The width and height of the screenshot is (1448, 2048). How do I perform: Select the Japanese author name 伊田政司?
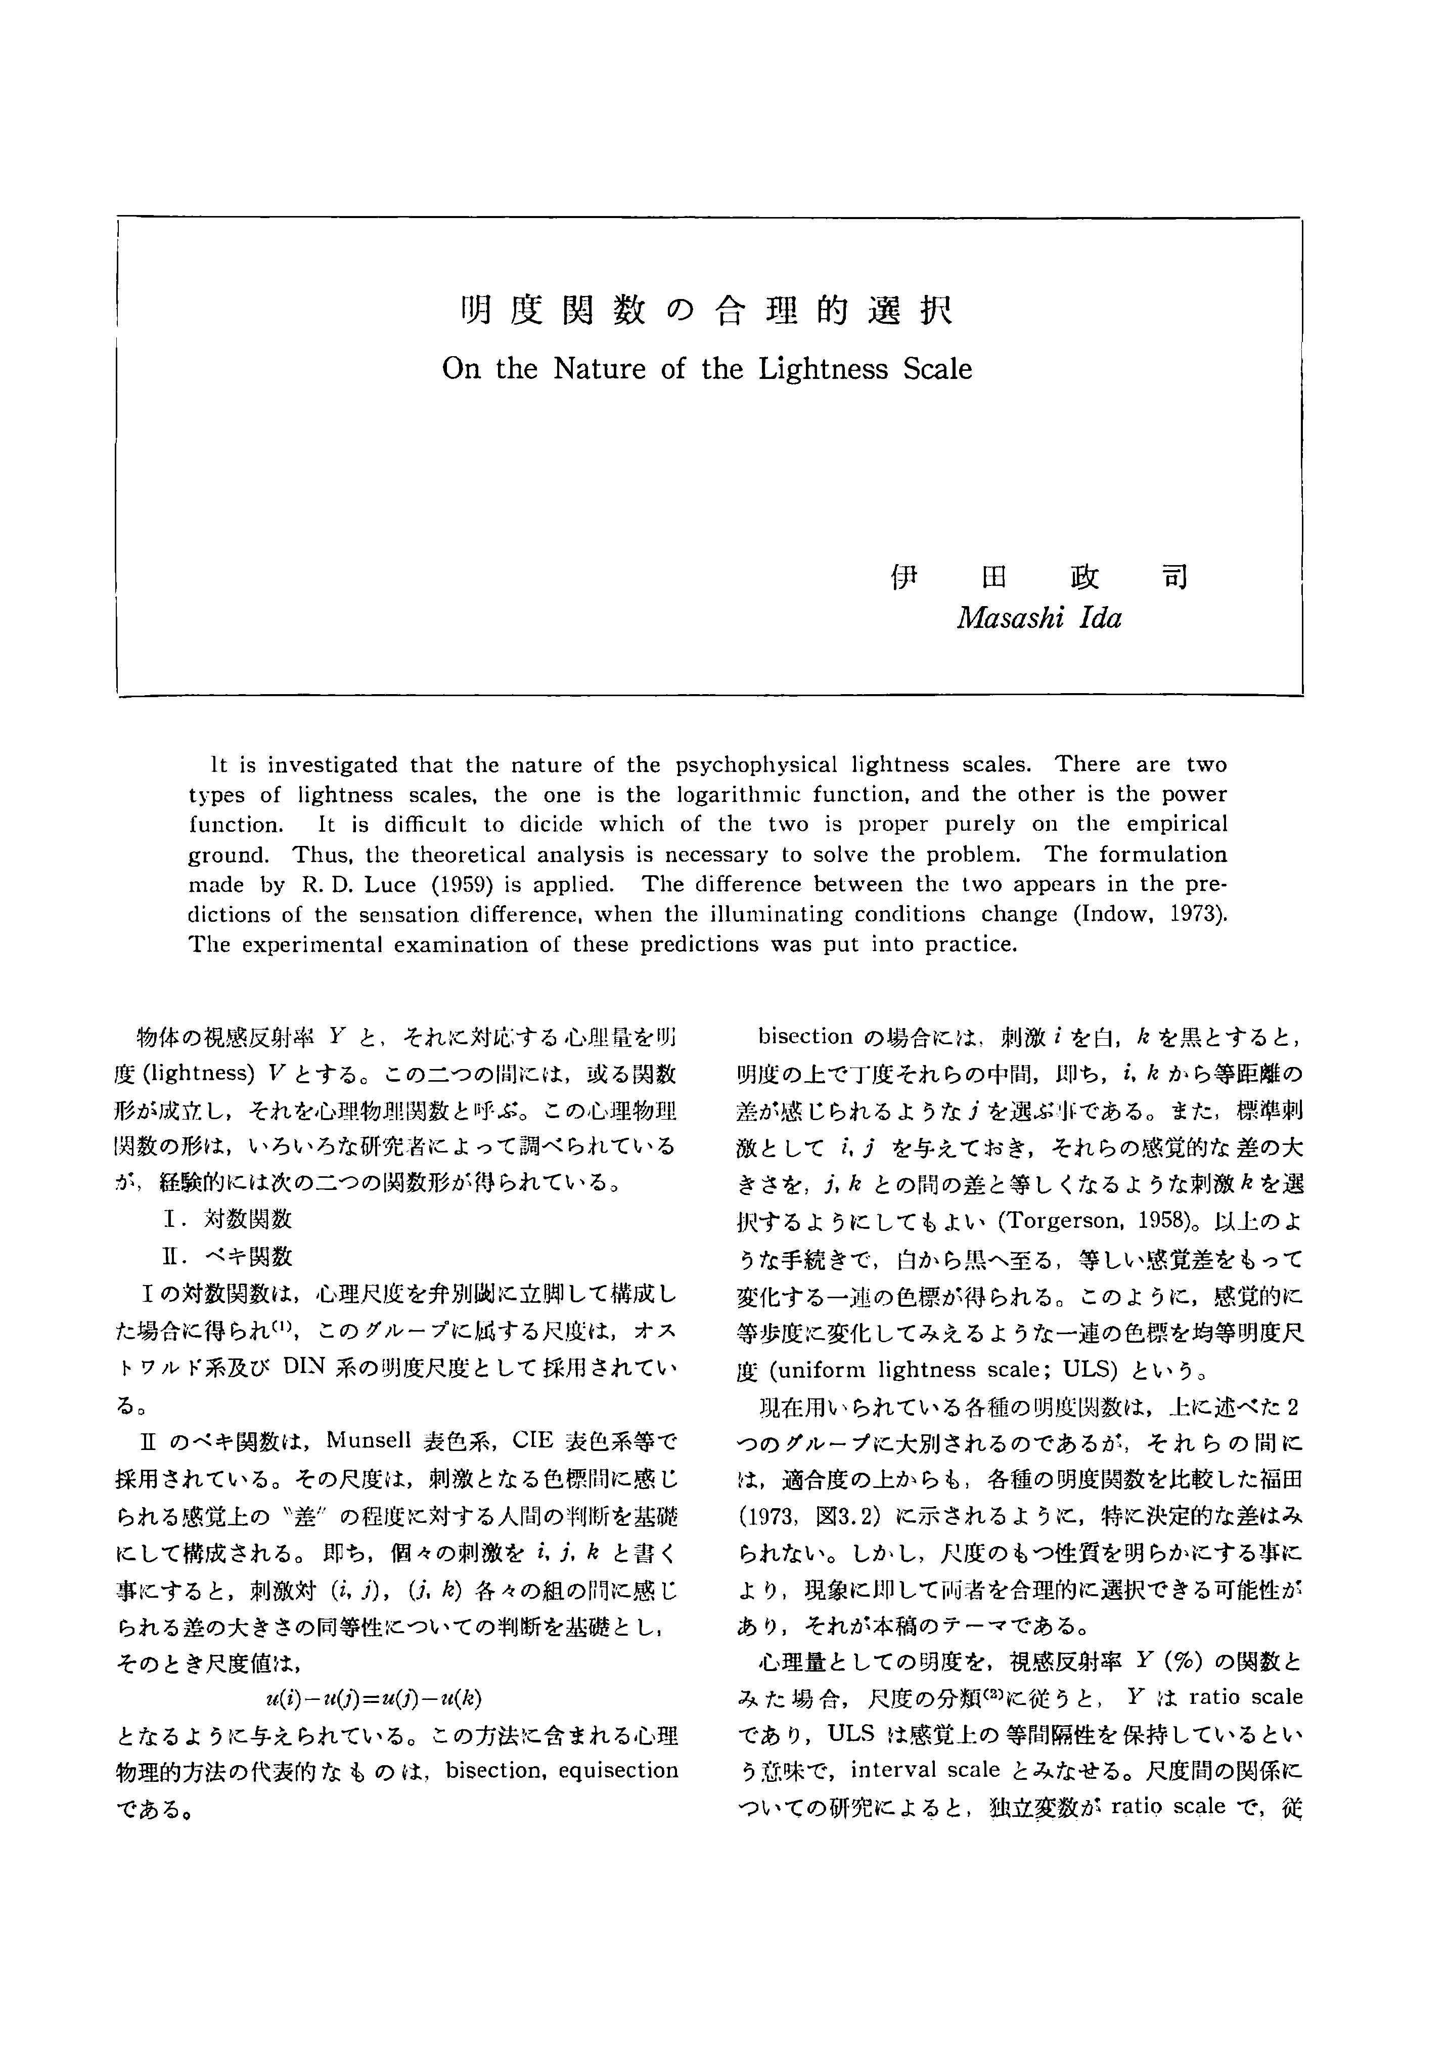coord(1039,578)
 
